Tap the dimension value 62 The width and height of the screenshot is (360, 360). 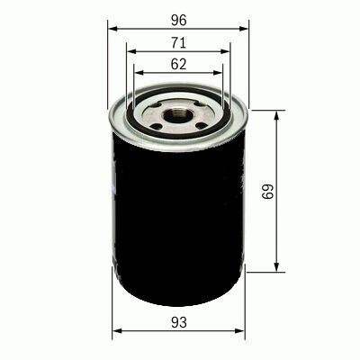point(179,64)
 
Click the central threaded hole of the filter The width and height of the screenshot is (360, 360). point(180,115)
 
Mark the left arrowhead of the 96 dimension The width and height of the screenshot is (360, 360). point(112,28)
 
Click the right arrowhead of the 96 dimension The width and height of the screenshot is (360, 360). point(247,28)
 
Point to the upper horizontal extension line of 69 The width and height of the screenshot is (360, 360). point(265,111)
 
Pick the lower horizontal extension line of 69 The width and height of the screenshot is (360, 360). point(265,271)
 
